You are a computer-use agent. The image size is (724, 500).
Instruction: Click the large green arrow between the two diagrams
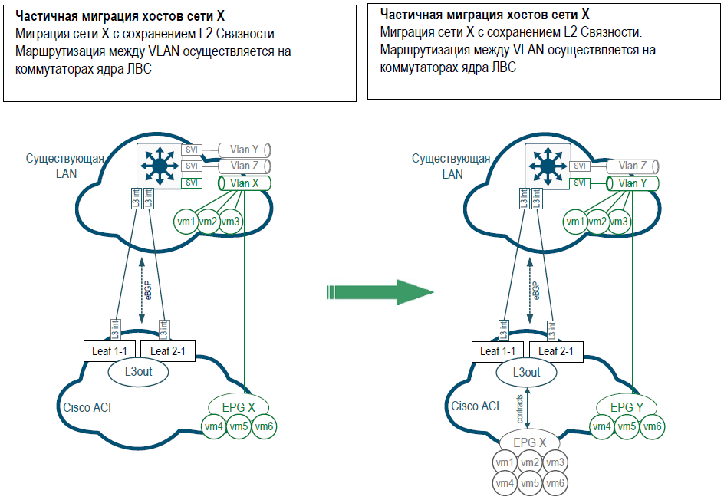pos(380,292)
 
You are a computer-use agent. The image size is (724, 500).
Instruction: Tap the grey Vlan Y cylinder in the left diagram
pos(245,150)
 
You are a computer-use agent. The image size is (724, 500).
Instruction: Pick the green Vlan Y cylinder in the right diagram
pos(633,183)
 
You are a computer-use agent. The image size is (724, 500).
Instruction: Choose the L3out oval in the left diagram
pos(136,372)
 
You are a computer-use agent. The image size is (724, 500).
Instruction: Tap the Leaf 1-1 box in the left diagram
pos(109,351)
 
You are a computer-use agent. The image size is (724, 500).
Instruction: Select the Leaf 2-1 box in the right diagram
pos(560,351)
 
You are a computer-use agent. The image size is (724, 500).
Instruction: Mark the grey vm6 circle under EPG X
pos(555,483)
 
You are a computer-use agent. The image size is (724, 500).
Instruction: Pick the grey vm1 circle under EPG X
pos(505,462)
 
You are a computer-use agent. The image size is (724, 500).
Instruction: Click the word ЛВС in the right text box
pos(503,67)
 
